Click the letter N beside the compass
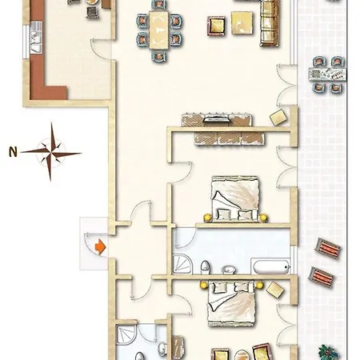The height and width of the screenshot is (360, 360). [13, 152]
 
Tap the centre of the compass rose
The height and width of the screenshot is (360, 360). [50, 154]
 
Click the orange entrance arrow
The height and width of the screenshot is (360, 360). [101, 246]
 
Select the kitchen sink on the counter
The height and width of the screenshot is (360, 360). [36, 41]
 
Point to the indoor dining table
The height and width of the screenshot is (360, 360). [158, 30]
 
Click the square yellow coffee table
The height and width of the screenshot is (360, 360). [242, 23]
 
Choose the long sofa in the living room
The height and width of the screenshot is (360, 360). [269, 23]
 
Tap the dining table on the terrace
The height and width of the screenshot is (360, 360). [328, 74]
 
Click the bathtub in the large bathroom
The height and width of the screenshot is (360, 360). [270, 266]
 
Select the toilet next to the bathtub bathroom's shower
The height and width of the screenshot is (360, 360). [205, 267]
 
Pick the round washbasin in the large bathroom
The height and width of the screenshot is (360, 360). [228, 270]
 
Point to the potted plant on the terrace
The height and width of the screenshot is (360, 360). [329, 353]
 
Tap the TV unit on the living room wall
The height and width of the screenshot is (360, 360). [217, 120]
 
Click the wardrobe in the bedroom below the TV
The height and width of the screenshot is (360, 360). [230, 138]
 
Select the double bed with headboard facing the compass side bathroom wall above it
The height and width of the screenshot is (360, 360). [231, 303]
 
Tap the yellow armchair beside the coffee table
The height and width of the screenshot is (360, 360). [216, 26]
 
